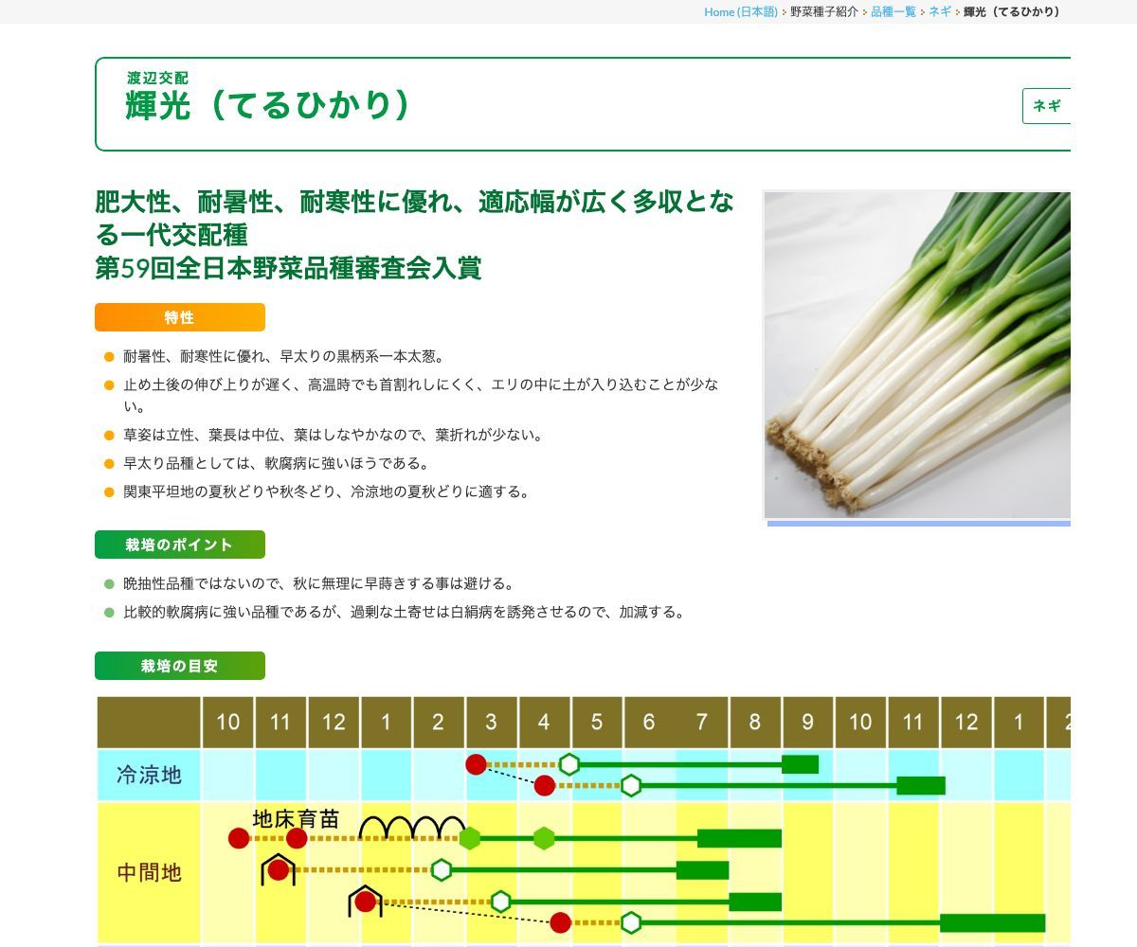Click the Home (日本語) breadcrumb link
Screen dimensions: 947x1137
tap(740, 11)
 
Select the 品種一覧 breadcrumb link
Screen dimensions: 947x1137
tap(893, 11)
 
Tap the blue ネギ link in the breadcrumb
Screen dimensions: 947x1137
tap(939, 11)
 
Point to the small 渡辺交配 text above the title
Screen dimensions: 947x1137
tap(157, 78)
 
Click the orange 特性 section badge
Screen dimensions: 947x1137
tap(179, 317)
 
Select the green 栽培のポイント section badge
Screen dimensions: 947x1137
tap(179, 545)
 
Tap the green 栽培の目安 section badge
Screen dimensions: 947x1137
tap(179, 666)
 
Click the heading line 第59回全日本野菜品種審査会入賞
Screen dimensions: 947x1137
tap(288, 268)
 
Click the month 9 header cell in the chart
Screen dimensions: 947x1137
tap(807, 723)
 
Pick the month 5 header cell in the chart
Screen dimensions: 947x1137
tap(596, 723)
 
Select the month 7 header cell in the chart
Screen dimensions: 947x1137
tap(701, 723)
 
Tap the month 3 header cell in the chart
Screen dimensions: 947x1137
tap(491, 723)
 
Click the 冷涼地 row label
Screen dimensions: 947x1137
tap(149, 775)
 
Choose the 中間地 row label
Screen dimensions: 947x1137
tap(149, 872)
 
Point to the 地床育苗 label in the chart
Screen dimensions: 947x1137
tap(296, 819)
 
